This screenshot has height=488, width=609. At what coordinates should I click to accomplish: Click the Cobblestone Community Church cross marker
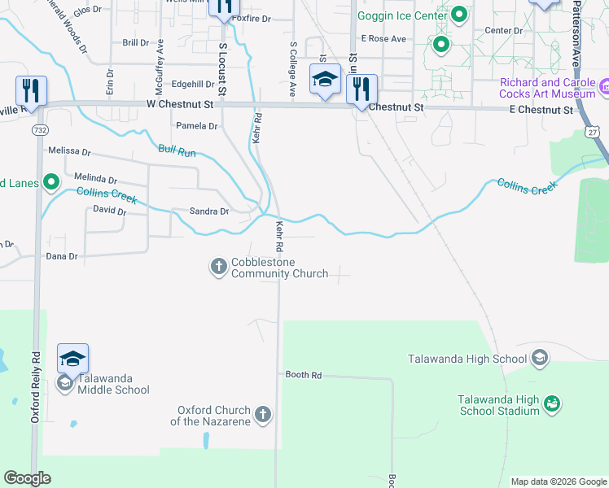(x=218, y=266)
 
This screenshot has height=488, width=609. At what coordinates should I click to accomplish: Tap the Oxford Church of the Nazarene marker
(x=262, y=415)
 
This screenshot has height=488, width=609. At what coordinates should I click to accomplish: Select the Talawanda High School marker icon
(x=539, y=358)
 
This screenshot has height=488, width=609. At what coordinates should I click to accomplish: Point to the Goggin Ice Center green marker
(x=459, y=15)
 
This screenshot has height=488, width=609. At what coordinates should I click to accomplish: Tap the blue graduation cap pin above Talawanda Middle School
(x=72, y=359)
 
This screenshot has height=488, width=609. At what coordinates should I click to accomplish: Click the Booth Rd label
(x=304, y=375)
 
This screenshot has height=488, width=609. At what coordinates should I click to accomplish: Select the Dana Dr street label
(x=61, y=256)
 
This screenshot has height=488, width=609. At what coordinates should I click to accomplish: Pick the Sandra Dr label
(x=209, y=211)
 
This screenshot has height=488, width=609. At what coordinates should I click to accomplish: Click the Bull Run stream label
(x=177, y=150)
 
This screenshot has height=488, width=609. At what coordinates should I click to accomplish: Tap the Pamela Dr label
(x=197, y=126)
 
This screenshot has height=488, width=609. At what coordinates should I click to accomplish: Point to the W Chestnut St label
(x=179, y=104)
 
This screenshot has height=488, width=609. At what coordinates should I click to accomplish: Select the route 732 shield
(x=38, y=129)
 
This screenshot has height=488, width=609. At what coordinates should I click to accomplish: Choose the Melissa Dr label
(x=69, y=151)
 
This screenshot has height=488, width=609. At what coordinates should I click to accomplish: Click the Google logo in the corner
(x=27, y=478)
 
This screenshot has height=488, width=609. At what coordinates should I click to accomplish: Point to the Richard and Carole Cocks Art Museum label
(x=548, y=88)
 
